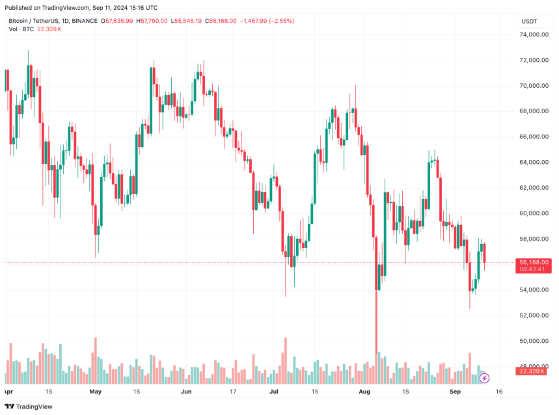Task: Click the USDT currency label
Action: pos(529,21)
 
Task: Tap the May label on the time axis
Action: pos(96,392)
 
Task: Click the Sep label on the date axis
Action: pos(455,392)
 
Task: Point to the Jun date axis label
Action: pos(186,392)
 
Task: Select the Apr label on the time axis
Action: pos(8,392)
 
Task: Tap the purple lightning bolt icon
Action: pos(484,378)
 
